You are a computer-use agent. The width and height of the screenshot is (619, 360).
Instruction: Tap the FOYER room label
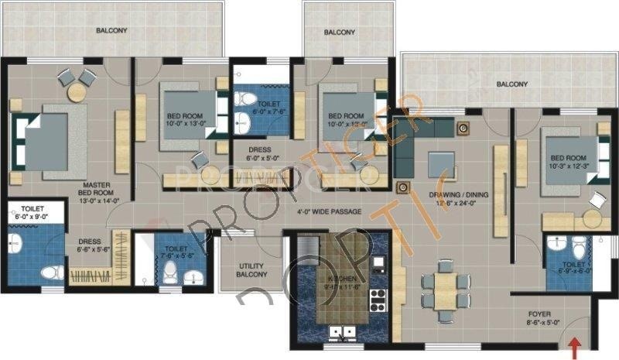click(x=539, y=318)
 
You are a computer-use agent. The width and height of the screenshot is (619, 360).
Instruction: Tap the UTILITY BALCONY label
click(x=252, y=270)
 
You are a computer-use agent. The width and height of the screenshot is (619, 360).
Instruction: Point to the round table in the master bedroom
click(x=77, y=92)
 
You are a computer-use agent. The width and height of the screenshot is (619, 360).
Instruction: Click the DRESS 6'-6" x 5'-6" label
click(x=89, y=245)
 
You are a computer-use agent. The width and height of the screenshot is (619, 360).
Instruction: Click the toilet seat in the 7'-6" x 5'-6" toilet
click(x=171, y=271)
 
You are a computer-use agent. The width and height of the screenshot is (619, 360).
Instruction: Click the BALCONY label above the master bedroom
click(x=111, y=31)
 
